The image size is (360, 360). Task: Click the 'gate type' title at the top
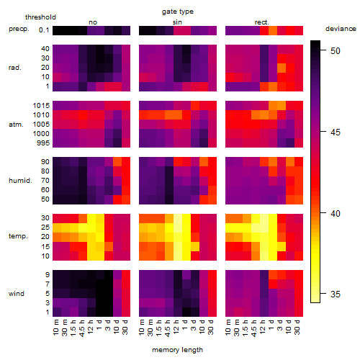click(x=178, y=12)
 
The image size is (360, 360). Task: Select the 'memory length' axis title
click(x=177, y=350)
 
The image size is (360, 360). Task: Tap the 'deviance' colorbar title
click(x=341, y=29)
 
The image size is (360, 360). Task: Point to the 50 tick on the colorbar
click(x=323, y=50)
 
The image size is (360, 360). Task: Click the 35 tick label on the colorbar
click(x=336, y=294)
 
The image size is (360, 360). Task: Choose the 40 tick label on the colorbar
click(x=336, y=213)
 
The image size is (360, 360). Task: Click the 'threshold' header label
click(x=40, y=17)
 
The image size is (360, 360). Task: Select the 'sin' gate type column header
click(x=177, y=22)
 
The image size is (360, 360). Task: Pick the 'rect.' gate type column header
click(x=261, y=22)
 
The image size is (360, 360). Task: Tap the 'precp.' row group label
click(x=19, y=29)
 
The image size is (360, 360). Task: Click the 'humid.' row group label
click(x=20, y=180)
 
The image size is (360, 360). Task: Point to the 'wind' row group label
click(x=17, y=293)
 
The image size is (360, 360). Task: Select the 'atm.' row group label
click(x=16, y=124)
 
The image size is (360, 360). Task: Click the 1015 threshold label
click(x=41, y=105)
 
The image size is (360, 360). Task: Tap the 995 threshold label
click(x=43, y=143)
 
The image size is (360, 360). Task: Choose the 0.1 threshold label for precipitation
click(x=44, y=30)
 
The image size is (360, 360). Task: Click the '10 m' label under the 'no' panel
click(x=56, y=327)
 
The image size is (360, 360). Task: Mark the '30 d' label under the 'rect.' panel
click(x=297, y=327)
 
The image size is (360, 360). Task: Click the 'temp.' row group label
click(x=18, y=236)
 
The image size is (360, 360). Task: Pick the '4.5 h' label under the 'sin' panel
click(x=168, y=328)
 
